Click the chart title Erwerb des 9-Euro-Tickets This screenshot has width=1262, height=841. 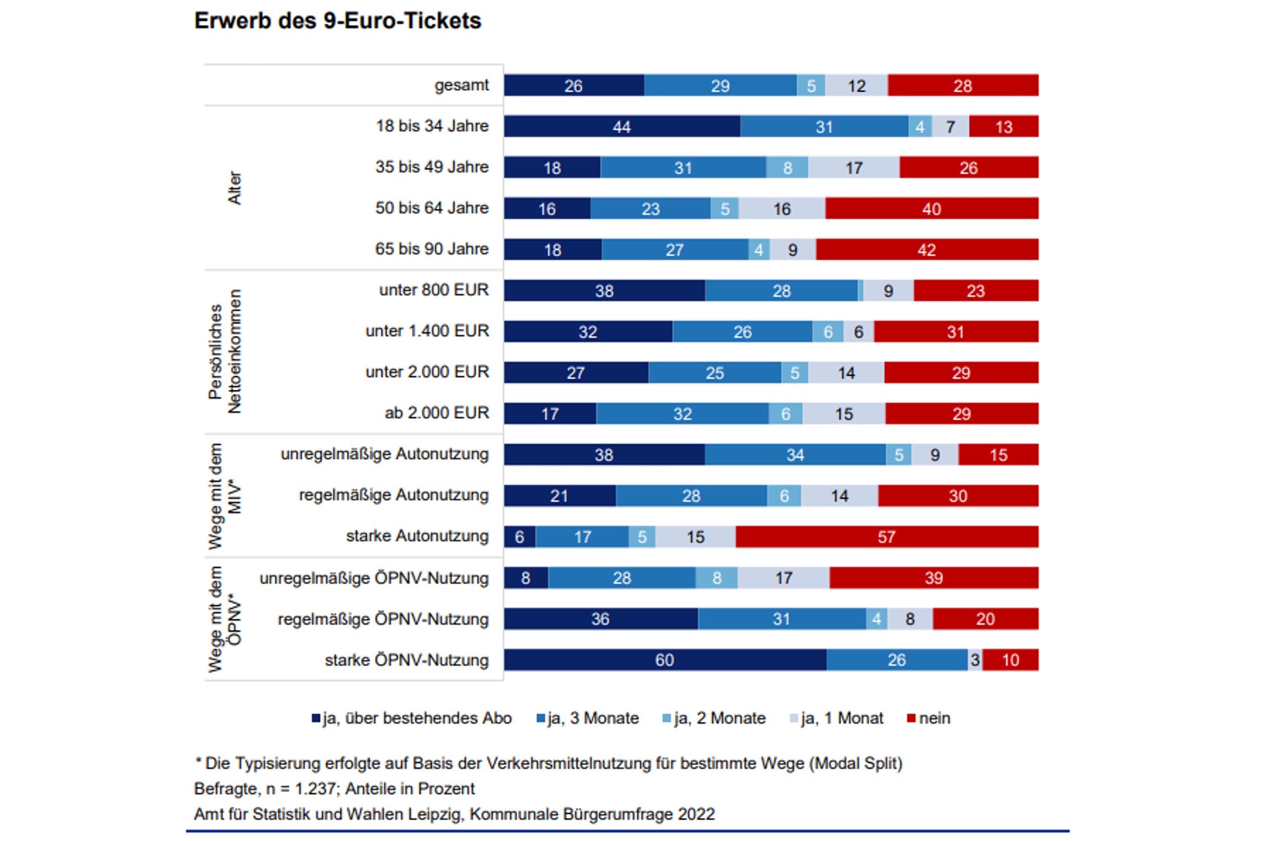pos(337,21)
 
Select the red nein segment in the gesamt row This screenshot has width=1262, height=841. pos(962,86)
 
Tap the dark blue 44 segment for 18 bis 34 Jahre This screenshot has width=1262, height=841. pos(621,127)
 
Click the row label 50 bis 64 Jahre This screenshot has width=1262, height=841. pos(432,208)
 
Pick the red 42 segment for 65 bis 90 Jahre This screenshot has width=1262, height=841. pos(927,249)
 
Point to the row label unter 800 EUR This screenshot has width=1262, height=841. pos(434,290)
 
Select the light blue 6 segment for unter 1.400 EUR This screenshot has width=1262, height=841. pos(827,332)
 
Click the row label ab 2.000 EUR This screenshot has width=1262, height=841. pos(436,413)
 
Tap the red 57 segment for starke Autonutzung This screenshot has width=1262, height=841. pos(886,537)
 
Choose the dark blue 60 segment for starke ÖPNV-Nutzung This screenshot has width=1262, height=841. pos(664,660)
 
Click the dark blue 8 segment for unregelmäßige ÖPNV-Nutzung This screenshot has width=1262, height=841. pos(526,578)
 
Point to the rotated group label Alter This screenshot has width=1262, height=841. pos(234,188)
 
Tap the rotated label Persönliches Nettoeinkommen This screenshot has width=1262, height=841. pos(224,352)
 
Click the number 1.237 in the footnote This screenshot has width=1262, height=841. pos(315,789)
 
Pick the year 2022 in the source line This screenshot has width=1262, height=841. pos(696,814)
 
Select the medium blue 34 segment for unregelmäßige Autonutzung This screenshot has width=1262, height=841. pos(795,455)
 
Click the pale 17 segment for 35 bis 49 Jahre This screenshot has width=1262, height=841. pos(853,168)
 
